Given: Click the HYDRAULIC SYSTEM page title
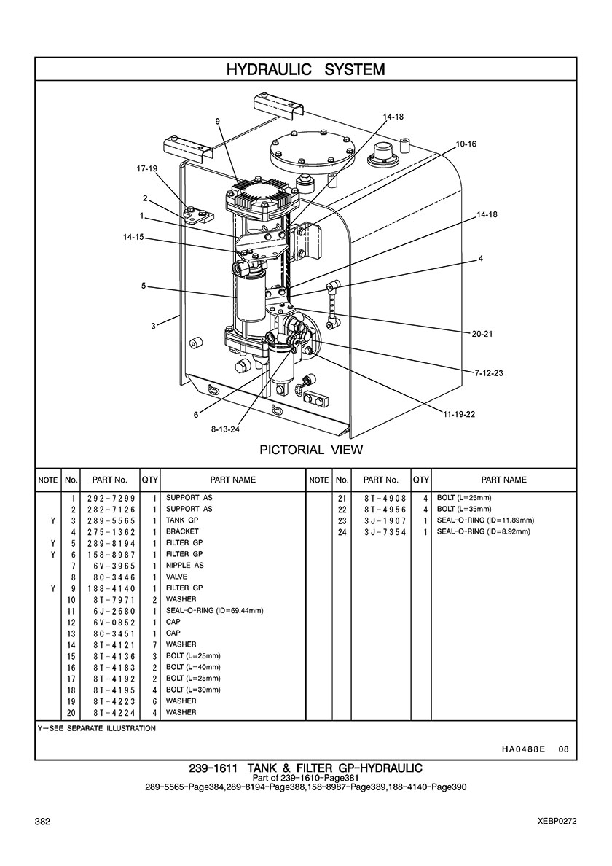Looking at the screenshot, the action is pyautogui.click(x=306, y=69).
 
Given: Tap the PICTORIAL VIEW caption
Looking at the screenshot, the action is pyautogui.click(x=311, y=450).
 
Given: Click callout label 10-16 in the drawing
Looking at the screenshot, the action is pyautogui.click(x=466, y=144).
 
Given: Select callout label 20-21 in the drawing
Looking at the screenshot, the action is pyautogui.click(x=482, y=334).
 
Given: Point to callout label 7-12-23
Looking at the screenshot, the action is pyautogui.click(x=488, y=373).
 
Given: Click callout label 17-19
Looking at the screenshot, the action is pyautogui.click(x=146, y=169).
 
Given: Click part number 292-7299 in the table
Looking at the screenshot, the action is pyautogui.click(x=111, y=498).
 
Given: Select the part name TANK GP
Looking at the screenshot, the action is pyautogui.click(x=181, y=520).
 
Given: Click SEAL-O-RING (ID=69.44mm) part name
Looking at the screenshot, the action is pyautogui.click(x=214, y=611).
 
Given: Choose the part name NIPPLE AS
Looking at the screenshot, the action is pyautogui.click(x=184, y=566).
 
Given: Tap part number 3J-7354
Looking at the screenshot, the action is pyautogui.click(x=385, y=532).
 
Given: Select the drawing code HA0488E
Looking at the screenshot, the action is pyautogui.click(x=523, y=749).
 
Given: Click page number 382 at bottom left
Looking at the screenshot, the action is pyautogui.click(x=42, y=822).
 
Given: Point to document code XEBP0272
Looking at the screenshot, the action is pyautogui.click(x=557, y=822).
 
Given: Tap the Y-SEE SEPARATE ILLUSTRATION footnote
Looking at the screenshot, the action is pyautogui.click(x=97, y=728).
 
